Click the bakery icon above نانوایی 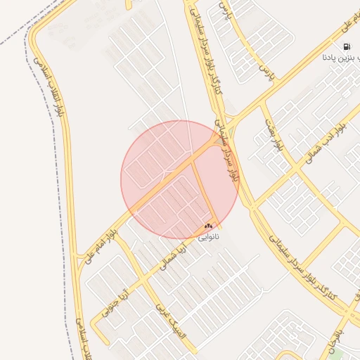(208, 226)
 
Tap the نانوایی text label (208, 237)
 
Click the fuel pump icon (347, 47)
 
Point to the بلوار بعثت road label (273, 135)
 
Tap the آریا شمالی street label (173, 254)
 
